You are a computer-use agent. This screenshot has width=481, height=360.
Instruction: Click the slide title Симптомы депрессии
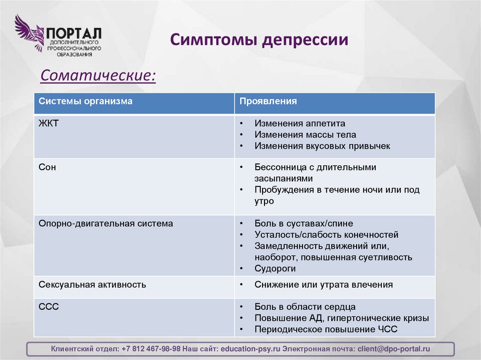click(x=259, y=39)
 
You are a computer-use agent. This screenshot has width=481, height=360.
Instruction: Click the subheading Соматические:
click(x=98, y=75)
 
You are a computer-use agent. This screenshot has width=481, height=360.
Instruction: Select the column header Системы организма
click(x=85, y=101)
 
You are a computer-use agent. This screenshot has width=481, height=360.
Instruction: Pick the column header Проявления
click(x=268, y=101)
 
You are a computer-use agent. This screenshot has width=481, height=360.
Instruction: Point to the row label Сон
click(x=47, y=167)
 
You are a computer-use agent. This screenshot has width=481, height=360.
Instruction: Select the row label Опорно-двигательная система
click(x=106, y=224)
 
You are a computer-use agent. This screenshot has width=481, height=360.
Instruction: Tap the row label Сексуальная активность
click(x=92, y=285)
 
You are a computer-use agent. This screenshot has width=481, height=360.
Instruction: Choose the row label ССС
click(x=49, y=307)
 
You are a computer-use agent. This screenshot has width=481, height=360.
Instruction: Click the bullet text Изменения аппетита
click(x=300, y=123)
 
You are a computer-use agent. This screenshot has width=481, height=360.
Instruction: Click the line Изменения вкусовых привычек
click(x=322, y=146)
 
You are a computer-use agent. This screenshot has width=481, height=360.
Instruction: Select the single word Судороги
click(x=275, y=269)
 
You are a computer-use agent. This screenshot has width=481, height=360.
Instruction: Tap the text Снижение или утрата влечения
click(x=324, y=285)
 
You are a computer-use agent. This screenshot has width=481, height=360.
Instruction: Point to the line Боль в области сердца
click(x=305, y=307)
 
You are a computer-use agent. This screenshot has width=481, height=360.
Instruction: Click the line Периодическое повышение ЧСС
click(x=326, y=329)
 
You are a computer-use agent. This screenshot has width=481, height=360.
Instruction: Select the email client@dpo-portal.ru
click(x=394, y=349)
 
